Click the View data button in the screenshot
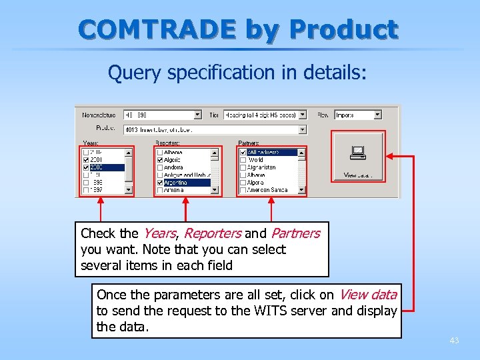[x=358, y=157]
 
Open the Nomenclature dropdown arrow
[x=197, y=115]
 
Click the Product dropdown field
[x=213, y=129]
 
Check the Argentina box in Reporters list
[x=159, y=183]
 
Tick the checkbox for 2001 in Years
[x=85, y=160]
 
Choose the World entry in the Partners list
[x=256, y=160]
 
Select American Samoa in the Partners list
[x=267, y=190]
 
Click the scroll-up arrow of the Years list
[x=129, y=153]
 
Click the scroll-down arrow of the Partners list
[x=302, y=190]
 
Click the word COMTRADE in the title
[x=157, y=29]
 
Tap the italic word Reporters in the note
[x=212, y=233]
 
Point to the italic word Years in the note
[x=159, y=233]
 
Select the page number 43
[x=454, y=341]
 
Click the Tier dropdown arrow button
[x=302, y=115]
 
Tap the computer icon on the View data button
[x=357, y=153]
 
